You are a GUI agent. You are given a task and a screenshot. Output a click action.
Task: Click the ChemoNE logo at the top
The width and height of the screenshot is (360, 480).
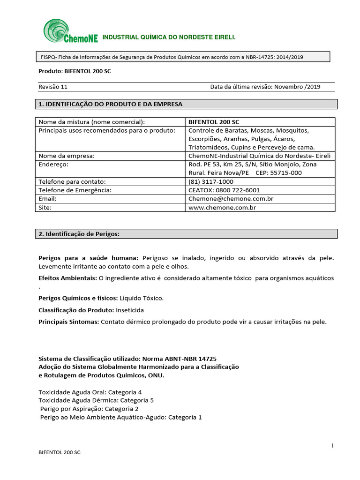pos(70,31)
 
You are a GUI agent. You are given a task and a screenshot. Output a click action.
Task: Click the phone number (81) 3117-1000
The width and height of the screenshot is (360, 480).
pos(210,181)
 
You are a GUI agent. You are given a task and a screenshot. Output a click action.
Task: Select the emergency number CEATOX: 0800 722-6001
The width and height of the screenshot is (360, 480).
pos(224,190)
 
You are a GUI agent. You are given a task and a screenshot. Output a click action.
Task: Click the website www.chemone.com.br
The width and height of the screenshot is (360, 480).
pos(222,207)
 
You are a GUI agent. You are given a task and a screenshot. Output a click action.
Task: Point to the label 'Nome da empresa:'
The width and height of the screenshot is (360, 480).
pos(67,156)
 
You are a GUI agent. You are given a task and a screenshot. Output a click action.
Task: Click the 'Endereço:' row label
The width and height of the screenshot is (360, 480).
pos(53,164)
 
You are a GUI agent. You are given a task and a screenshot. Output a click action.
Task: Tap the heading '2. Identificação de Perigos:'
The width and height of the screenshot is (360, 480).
pos(79,233)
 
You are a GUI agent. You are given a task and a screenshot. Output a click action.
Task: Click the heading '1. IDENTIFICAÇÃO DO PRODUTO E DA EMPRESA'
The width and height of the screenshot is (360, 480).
pos(110,104)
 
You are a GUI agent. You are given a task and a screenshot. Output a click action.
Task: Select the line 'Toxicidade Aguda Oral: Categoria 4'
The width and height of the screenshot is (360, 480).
pos(90,392)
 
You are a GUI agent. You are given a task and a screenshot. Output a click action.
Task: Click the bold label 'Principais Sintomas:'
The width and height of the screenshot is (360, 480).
pos(68,322)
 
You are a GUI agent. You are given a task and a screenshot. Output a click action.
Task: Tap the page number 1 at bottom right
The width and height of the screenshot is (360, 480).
pos(332,446)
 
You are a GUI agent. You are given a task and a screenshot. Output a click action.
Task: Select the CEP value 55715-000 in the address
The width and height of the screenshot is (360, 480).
pos(285,173)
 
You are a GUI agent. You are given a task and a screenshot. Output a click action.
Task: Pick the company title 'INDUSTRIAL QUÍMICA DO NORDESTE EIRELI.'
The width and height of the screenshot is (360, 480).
pos(169,37)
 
